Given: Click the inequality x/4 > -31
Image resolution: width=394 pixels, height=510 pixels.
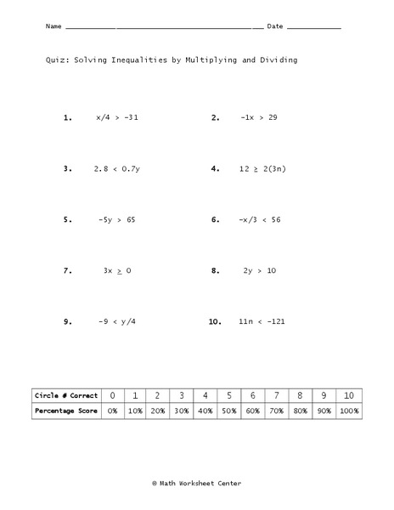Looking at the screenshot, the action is (x=117, y=118).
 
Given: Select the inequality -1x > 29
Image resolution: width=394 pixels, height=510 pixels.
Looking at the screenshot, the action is (x=258, y=118).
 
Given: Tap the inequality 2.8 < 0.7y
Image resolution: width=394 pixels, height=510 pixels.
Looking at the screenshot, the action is (x=116, y=169).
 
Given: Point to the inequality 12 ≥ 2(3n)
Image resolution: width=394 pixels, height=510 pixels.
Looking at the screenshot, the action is (x=262, y=169).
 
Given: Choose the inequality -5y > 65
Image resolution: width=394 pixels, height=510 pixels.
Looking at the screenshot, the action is (x=116, y=220).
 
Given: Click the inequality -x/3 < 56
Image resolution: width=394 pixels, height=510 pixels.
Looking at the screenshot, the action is (x=259, y=220).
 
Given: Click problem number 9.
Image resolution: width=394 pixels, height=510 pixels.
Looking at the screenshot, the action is (x=67, y=322).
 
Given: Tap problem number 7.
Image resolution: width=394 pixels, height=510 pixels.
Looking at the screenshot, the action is (x=67, y=271).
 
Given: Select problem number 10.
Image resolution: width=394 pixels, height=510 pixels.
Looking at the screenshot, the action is (x=214, y=322).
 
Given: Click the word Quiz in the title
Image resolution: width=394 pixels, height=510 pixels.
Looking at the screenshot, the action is (x=56, y=61).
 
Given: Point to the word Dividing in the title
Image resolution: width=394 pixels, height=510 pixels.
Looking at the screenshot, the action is (x=277, y=61).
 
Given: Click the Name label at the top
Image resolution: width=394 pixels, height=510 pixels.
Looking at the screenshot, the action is (x=53, y=27).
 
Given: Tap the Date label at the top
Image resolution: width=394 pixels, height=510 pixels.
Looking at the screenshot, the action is (x=275, y=27).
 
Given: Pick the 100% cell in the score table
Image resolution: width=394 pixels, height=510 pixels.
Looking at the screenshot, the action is (x=349, y=411).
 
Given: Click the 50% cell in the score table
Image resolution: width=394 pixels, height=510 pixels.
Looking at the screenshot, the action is (x=229, y=411).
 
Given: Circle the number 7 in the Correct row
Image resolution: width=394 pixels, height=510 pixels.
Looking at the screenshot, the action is (x=276, y=395).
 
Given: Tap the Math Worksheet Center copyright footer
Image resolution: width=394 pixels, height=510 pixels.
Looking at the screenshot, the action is (x=196, y=482).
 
